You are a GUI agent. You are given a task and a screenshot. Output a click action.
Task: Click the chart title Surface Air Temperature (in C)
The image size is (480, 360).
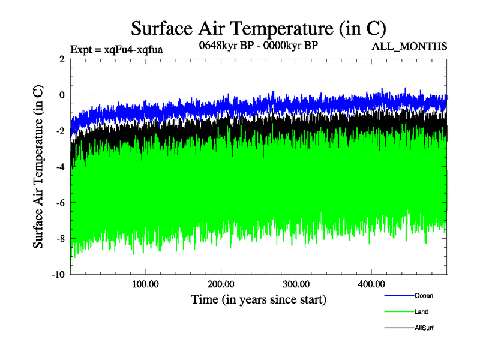point(258,28)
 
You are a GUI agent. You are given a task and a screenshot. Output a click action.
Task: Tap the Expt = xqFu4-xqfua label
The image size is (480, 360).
point(116,49)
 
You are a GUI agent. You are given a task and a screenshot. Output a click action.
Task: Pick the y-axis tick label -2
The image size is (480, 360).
point(59,131)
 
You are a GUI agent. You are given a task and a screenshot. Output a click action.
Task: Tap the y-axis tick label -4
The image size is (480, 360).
point(59,167)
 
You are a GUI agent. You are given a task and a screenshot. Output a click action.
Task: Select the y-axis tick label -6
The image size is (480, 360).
point(59,203)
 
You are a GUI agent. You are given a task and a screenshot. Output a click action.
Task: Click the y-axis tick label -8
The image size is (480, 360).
point(59,239)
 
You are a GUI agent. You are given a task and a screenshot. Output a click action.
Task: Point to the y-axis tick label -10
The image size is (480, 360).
point(57,275)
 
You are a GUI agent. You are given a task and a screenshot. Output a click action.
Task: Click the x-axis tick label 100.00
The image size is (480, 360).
point(145,284)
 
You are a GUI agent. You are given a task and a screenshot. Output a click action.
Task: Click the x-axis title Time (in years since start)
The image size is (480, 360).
point(259,299)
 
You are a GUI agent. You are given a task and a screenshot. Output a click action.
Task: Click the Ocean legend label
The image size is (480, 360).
point(423,295)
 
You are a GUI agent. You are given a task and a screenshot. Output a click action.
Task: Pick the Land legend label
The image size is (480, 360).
point(421,311)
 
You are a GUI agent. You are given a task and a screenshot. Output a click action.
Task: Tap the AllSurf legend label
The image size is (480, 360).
point(424,328)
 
